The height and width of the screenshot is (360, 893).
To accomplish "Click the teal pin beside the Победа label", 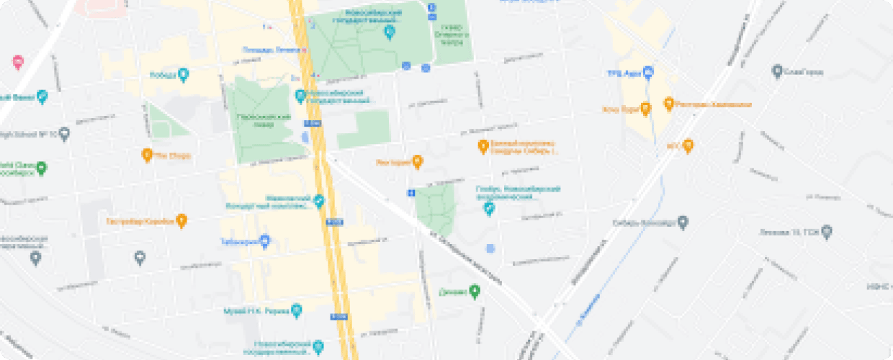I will coord(183,73).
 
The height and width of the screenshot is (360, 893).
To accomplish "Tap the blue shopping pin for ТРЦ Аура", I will coord(647,72).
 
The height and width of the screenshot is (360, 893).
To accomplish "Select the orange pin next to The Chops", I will coord(147,154).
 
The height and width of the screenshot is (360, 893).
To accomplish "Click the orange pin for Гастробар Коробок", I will coord(182,220).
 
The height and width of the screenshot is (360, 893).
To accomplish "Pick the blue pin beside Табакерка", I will coord(265,241).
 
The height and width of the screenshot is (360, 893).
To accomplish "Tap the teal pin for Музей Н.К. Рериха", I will coord(297,311).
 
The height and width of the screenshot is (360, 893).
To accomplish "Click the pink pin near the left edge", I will coord(18,62).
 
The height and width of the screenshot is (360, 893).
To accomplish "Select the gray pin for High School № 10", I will coord(65,133).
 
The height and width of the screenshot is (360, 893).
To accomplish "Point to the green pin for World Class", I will coord(42,168).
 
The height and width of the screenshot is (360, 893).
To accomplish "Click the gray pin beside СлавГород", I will coord(777,71).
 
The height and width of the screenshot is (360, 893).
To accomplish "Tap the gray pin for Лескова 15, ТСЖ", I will coord(827,232).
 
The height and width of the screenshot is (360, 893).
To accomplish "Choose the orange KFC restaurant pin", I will coord(688,145).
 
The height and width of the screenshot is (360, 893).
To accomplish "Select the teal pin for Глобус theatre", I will coord(490,209).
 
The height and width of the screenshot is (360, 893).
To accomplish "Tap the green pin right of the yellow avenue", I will coord(474,292).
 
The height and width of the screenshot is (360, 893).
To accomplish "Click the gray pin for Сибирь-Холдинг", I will coord(684,222).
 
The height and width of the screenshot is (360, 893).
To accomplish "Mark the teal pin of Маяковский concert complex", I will coord(319,202).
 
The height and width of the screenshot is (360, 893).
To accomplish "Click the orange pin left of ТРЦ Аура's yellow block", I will coord(645,109).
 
